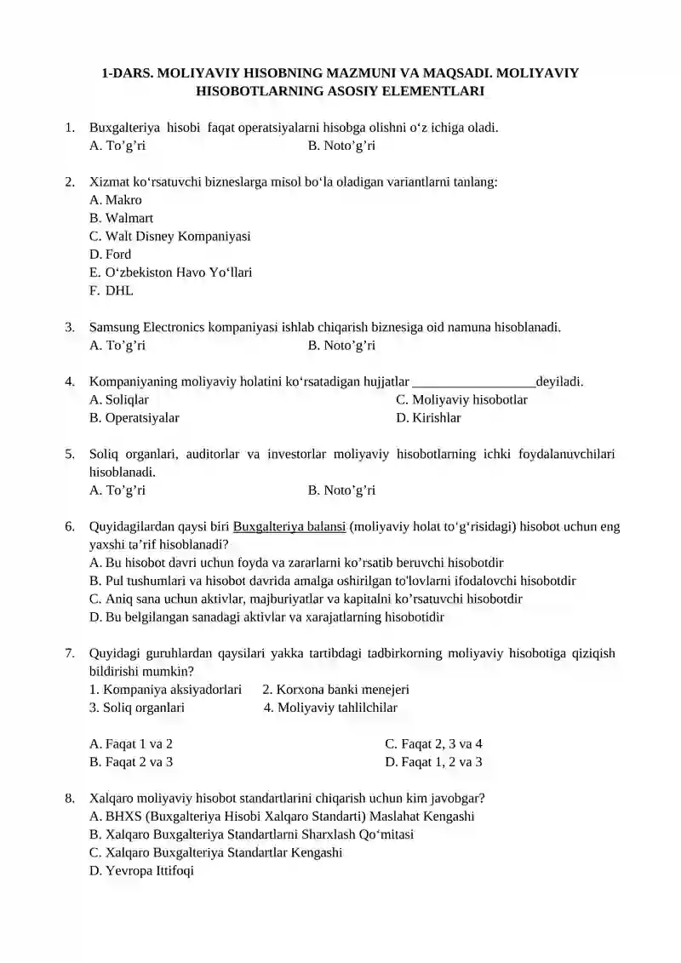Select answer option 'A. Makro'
[116, 200]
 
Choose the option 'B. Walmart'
[121, 218]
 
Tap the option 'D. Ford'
[110, 254]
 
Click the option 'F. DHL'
[112, 290]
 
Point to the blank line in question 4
[473, 381]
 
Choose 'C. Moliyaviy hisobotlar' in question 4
[461, 399]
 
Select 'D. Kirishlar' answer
[428, 418]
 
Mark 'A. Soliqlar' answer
[118, 399]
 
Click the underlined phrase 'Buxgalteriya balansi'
[289, 526]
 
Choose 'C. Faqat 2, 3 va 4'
[433, 743]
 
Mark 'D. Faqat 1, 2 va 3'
[433, 762]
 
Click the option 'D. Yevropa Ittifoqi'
[141, 871]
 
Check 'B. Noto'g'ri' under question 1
[341, 146]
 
